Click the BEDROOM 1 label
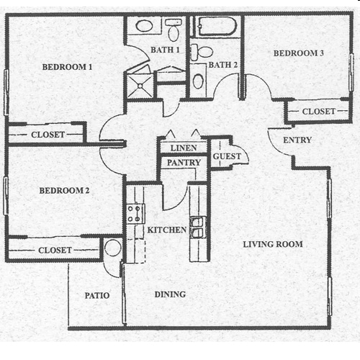pyautogui.click(x=67, y=67)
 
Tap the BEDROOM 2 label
pyautogui.click(x=64, y=191)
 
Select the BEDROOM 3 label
pyautogui.click(x=299, y=53)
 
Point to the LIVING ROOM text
pyautogui.click(x=273, y=244)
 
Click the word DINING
pyautogui.click(x=170, y=294)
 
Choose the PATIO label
pyautogui.click(x=97, y=295)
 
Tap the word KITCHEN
pyautogui.click(x=167, y=230)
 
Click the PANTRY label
pyautogui.click(x=184, y=163)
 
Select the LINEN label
pyautogui.click(x=184, y=148)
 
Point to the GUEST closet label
pyautogui.click(x=227, y=156)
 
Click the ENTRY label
pyautogui.click(x=297, y=140)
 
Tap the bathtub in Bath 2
pyautogui.click(x=217, y=27)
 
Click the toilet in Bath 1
pyautogui.click(x=174, y=30)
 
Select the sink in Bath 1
pyautogui.click(x=144, y=26)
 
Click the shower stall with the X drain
pyautogui.click(x=140, y=86)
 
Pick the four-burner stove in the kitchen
pyautogui.click(x=136, y=214)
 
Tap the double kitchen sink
pyautogui.click(x=198, y=228)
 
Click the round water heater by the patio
pyautogui.click(x=113, y=248)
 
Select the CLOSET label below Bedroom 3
pyautogui.click(x=318, y=112)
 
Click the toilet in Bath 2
pyautogui.click(x=202, y=52)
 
